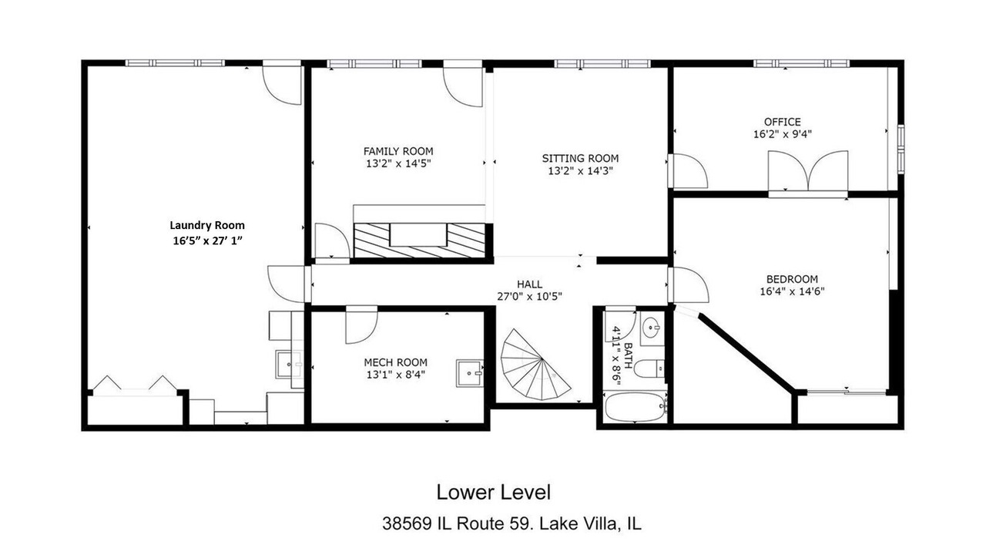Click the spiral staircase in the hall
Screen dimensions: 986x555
(x=534, y=365)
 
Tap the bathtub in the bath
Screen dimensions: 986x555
(x=636, y=407)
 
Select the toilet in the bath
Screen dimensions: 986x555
(x=650, y=368)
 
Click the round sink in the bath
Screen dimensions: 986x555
(x=652, y=328)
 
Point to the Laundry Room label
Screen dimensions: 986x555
(x=207, y=225)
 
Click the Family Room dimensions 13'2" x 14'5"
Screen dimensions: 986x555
(x=398, y=164)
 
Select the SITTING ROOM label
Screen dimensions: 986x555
(x=580, y=158)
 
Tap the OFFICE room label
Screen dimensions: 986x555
(x=782, y=122)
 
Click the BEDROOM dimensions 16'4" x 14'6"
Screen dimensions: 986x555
(x=792, y=291)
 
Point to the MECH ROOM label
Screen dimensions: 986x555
(x=395, y=362)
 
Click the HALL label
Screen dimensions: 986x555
(x=529, y=284)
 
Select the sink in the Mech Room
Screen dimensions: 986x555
(x=469, y=373)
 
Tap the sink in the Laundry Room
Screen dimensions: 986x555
(x=289, y=365)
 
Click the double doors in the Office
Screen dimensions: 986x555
(x=808, y=173)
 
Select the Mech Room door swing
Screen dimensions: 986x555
(x=361, y=325)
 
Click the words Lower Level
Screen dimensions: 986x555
(x=493, y=493)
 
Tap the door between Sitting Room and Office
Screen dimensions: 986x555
(x=688, y=171)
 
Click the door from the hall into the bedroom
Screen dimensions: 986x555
(x=688, y=285)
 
